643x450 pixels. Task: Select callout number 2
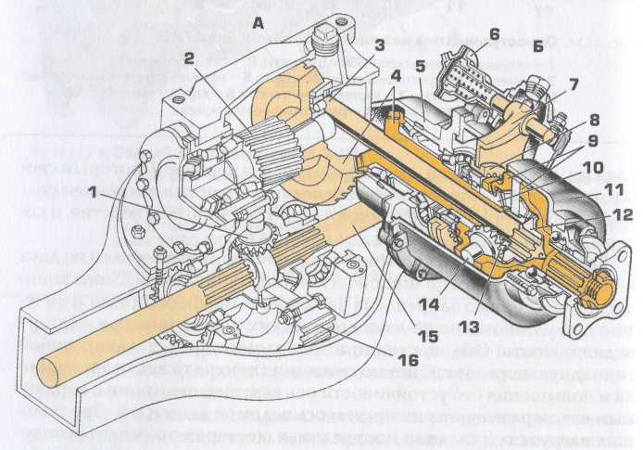click(x=189, y=58)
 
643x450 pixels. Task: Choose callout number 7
click(x=574, y=84)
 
